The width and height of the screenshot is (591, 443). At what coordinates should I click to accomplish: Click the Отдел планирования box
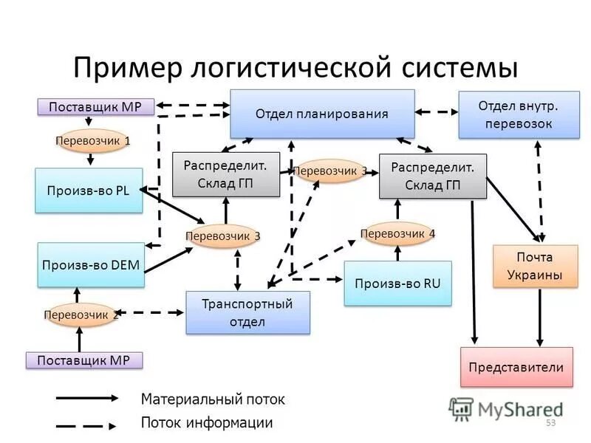322,114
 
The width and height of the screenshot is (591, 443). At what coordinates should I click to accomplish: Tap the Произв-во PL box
89,190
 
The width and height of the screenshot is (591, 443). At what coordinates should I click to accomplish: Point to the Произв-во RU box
397,284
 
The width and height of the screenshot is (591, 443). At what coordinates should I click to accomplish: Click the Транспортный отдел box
247,312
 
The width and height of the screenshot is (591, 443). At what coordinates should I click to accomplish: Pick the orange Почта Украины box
533,266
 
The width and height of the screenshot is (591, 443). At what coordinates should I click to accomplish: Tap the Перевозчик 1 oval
93,140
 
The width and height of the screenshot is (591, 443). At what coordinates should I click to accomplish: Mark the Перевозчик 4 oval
397,234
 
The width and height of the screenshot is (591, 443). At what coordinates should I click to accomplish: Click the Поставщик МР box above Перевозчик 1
95,107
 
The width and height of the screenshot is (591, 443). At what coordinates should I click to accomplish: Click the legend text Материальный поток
213,399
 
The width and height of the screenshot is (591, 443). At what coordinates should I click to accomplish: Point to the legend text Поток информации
207,423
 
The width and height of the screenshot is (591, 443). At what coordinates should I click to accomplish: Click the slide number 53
550,423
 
